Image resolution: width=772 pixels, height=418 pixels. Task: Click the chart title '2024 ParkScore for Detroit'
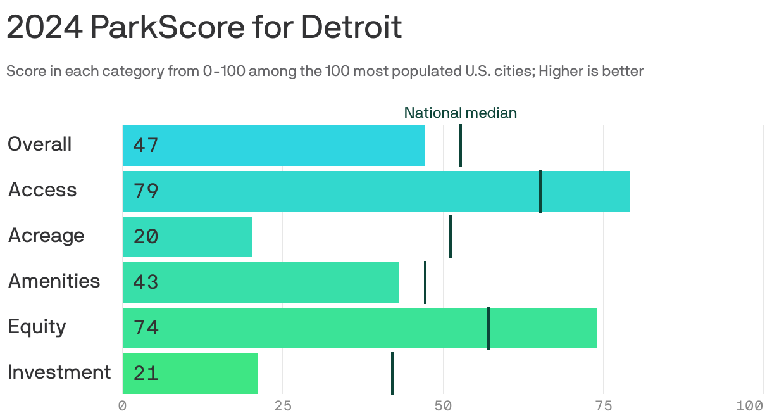(204, 28)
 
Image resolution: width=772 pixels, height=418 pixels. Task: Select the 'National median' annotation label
(460, 113)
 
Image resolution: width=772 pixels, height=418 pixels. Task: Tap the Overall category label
(39, 144)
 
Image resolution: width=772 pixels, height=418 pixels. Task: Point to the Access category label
(42, 190)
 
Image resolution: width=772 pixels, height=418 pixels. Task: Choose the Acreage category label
(46, 236)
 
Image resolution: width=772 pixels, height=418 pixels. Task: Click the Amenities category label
(54, 281)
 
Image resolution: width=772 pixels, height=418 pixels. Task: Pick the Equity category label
(37, 327)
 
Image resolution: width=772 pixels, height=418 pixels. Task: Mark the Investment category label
(59, 372)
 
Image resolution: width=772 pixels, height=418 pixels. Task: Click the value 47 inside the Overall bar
(146, 146)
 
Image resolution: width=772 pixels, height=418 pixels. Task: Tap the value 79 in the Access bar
(146, 191)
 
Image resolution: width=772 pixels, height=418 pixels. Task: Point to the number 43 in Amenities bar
(146, 282)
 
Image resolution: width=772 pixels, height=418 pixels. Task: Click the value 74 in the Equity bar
(146, 328)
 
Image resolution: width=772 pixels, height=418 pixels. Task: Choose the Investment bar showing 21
(190, 374)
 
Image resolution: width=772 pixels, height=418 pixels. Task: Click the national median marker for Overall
(461, 146)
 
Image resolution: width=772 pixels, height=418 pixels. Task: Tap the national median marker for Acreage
(451, 237)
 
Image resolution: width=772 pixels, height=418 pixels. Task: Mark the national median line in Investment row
(392, 374)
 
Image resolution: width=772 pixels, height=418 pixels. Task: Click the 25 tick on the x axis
(283, 405)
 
